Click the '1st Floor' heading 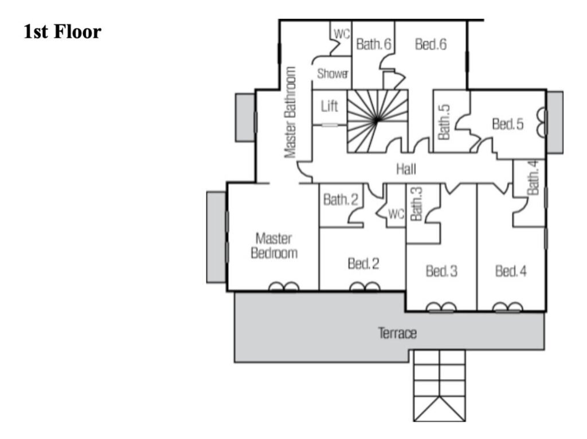[62, 32]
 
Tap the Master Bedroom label [274, 246]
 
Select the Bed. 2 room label [363, 264]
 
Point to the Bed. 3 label [441, 271]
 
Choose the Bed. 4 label [511, 271]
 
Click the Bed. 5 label [508, 124]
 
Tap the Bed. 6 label [431, 45]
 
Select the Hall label [406, 169]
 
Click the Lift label [330, 106]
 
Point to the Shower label [333, 73]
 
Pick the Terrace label [397, 333]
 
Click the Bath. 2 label [341, 200]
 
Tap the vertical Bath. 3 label [416, 204]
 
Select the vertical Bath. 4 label [533, 177]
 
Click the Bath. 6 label [374, 45]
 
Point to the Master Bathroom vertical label [291, 112]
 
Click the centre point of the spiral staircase [376, 120]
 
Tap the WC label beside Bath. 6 [342, 34]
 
